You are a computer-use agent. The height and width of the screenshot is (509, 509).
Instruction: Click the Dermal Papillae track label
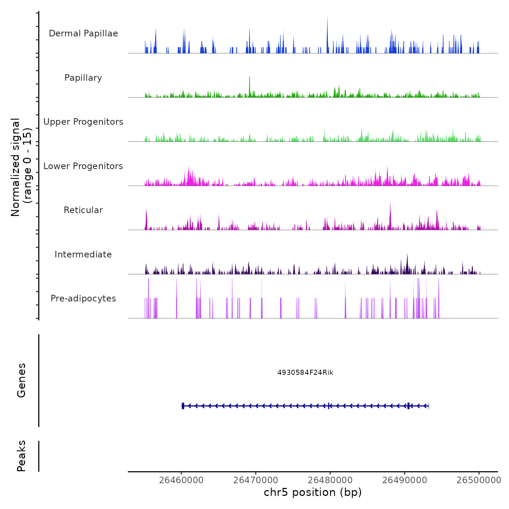click(83, 33)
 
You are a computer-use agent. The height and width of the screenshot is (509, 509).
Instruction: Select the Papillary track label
click(83, 78)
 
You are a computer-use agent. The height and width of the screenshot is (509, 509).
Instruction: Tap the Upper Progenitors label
click(83, 122)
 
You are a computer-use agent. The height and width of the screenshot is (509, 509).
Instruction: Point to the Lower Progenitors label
click(83, 166)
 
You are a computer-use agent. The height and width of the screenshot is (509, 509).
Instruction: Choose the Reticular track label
click(83, 210)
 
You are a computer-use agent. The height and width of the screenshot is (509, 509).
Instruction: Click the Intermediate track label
click(83, 254)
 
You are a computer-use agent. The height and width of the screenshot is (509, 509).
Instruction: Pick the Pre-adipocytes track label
click(83, 298)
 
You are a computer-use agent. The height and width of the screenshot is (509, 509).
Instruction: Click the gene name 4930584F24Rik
click(305, 373)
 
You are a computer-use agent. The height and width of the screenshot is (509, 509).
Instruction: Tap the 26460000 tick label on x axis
click(181, 480)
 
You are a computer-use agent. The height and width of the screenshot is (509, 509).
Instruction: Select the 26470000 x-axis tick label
click(256, 480)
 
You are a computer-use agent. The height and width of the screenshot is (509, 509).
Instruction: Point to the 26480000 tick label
click(330, 480)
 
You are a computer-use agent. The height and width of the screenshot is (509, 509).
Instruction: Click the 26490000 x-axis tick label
click(405, 480)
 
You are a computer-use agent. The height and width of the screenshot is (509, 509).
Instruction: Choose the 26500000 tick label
click(479, 480)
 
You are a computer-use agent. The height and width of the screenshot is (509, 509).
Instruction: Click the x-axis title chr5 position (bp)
click(313, 493)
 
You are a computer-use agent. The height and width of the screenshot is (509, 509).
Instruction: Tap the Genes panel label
click(21, 380)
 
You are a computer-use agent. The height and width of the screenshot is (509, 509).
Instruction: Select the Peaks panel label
click(21, 456)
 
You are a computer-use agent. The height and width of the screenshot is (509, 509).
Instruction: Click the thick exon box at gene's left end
click(183, 406)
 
